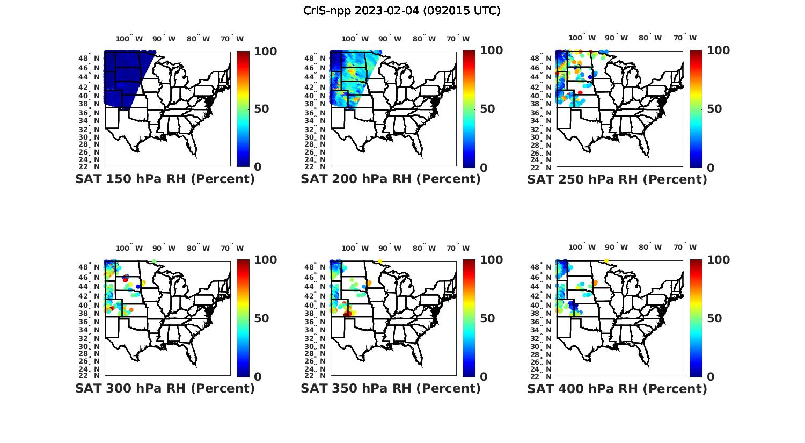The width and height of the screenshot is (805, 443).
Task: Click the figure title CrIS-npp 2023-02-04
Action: (x=401, y=11)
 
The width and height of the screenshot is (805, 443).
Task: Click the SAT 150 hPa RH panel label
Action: (x=165, y=179)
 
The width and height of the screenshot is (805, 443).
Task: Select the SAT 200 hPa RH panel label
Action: (x=391, y=179)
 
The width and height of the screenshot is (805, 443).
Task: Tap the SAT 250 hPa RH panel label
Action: (x=617, y=179)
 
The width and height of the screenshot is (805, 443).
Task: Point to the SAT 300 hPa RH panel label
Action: (x=165, y=388)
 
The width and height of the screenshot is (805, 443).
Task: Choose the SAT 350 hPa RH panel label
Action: (x=391, y=388)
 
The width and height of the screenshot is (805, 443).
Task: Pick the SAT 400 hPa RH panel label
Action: (x=617, y=388)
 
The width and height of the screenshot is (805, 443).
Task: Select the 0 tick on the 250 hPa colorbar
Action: (x=711, y=168)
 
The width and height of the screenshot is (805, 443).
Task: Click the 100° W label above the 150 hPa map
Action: (x=129, y=39)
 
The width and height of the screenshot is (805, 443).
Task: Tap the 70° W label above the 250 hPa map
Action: (x=685, y=38)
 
